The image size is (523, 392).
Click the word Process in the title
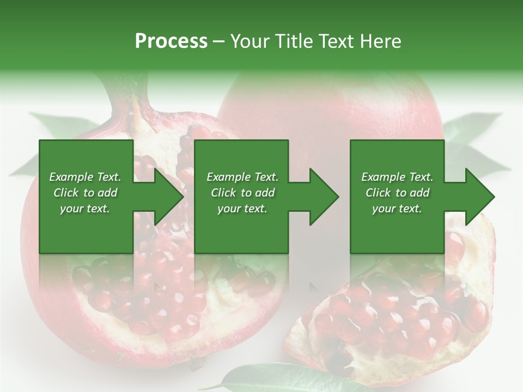[171, 41]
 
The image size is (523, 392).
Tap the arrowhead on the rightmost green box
[477, 197]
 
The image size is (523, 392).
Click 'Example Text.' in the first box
[85, 177]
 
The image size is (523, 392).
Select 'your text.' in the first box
[85, 209]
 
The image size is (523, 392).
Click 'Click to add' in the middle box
[242, 193]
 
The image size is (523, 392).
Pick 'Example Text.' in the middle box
[242, 177]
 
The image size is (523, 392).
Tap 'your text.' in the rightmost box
[397, 209]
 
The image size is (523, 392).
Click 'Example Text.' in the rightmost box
[397, 177]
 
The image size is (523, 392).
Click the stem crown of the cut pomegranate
[131, 93]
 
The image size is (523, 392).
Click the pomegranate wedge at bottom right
[398, 316]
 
